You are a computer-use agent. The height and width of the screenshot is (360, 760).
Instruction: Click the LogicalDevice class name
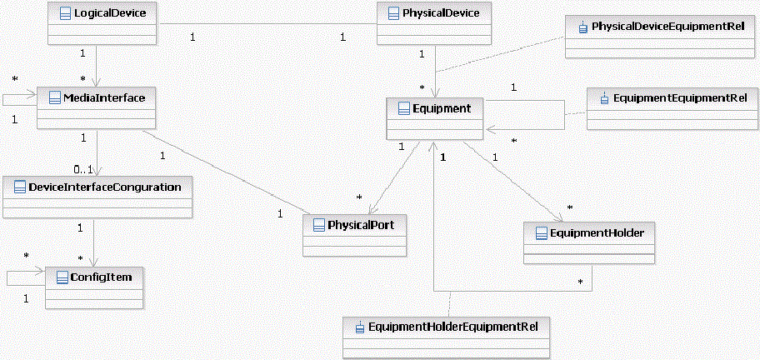click(109, 13)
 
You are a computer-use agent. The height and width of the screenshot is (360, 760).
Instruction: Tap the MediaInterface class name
click(104, 98)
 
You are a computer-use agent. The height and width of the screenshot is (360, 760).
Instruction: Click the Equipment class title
click(442, 108)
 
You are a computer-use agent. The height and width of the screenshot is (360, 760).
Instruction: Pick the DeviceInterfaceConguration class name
click(104, 187)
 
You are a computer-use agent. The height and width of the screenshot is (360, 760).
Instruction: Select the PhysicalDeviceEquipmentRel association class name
click(667, 27)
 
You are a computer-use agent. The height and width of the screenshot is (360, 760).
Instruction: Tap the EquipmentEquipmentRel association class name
click(679, 98)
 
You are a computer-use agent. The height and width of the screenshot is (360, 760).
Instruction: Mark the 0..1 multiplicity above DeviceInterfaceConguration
click(82, 170)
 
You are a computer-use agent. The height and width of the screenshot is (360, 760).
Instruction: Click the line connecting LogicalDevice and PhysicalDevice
click(267, 24)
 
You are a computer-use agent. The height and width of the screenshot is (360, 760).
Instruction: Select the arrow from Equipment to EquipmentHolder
click(517, 180)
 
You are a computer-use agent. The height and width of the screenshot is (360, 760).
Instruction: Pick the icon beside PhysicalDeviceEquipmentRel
click(582, 27)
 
